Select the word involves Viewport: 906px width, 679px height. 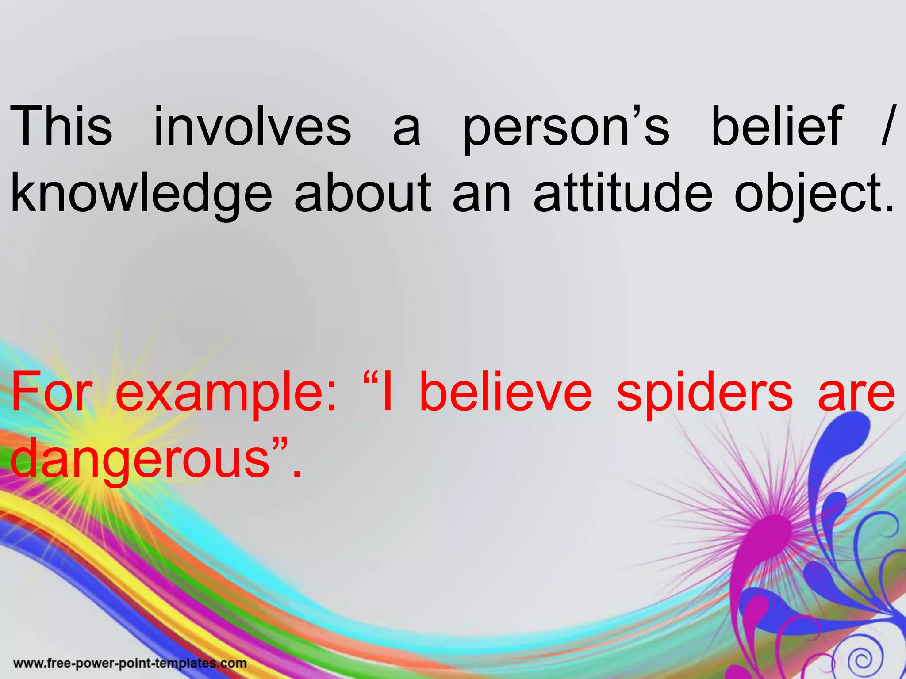(252, 126)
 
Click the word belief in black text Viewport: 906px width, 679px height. (777, 126)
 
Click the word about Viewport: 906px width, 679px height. (363, 193)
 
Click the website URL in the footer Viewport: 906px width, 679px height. (130, 664)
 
